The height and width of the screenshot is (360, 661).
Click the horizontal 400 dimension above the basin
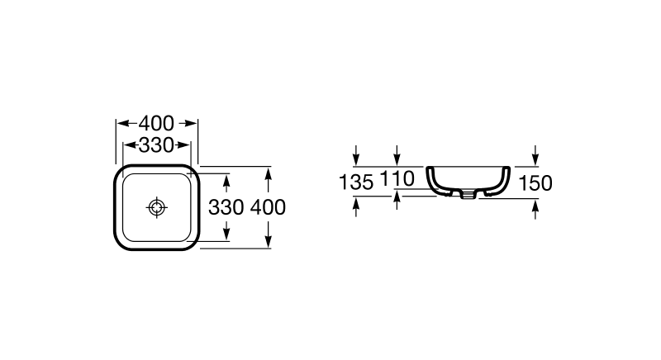pyautogui.click(x=156, y=123)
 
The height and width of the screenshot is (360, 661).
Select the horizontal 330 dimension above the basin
pyautogui.click(x=156, y=146)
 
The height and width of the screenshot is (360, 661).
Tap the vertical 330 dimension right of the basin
pyautogui.click(x=226, y=207)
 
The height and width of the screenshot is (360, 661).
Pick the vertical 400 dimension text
pyautogui.click(x=268, y=207)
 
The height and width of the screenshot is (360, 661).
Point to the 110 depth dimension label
pyautogui.click(x=397, y=180)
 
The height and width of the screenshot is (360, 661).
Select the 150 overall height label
pyautogui.click(x=536, y=183)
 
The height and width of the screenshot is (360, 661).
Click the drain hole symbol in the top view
pyautogui.click(x=156, y=208)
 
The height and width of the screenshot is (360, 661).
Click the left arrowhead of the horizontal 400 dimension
pyautogui.click(x=119, y=123)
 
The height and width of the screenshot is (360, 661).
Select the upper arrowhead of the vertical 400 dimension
pyautogui.click(x=268, y=172)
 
